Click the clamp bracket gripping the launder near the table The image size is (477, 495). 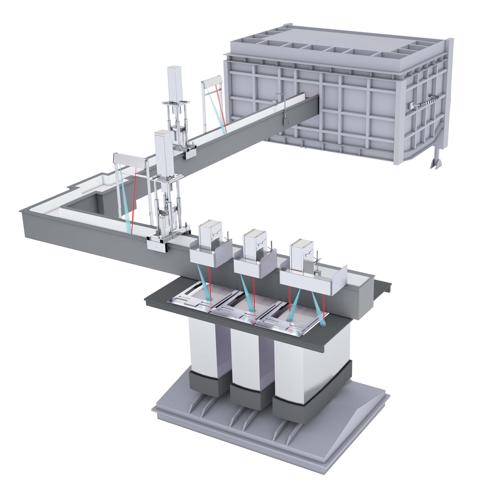tap(157, 244)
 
